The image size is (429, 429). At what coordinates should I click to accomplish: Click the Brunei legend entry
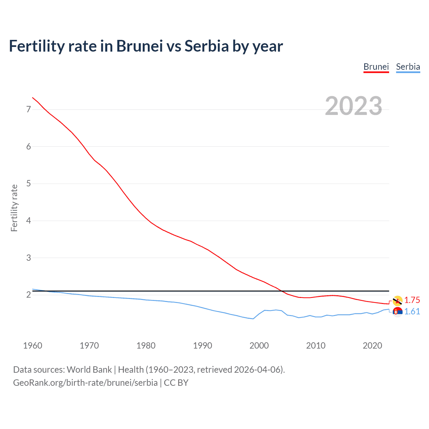coord(376,67)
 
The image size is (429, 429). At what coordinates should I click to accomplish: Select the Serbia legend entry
coord(408,67)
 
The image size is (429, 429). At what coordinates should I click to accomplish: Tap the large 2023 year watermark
coord(354,106)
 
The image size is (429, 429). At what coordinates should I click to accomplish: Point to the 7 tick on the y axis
coord(28,109)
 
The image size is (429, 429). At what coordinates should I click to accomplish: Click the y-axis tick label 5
coord(28,184)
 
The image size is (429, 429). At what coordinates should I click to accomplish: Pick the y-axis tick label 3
coord(28,258)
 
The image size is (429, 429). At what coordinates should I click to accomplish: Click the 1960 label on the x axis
coord(33,346)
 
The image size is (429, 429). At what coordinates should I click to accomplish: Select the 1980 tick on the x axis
coord(146,346)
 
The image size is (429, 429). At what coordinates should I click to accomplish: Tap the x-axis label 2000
coord(259,346)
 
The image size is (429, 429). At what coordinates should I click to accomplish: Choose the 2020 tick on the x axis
coord(372,346)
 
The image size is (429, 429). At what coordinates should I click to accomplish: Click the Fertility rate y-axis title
coord(14,208)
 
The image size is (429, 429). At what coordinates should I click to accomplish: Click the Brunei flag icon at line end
coord(397,301)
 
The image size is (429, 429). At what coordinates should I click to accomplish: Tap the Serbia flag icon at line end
coord(397,312)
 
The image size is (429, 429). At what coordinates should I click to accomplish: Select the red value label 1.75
coord(412,300)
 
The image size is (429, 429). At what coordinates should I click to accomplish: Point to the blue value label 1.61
coord(412,312)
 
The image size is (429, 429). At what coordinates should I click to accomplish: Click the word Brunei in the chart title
coord(139,46)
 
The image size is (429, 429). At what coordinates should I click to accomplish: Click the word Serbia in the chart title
coord(206,46)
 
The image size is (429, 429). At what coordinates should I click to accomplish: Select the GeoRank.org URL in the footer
coord(85,383)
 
